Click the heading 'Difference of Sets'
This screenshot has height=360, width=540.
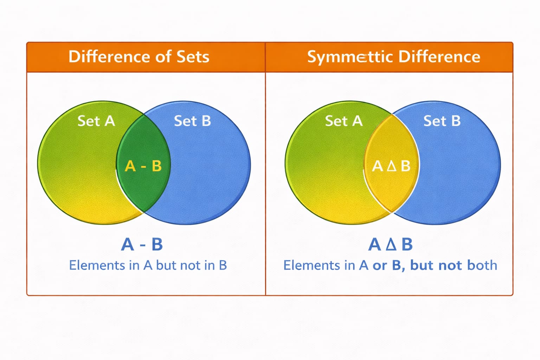tap(139, 57)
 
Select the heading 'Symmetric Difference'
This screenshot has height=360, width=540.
tap(393, 57)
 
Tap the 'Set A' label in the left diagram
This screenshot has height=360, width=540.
tap(96, 121)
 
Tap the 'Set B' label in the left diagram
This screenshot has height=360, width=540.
tap(192, 121)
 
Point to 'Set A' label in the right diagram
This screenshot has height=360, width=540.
tap(343, 121)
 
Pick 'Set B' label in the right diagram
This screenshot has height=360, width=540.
tap(442, 121)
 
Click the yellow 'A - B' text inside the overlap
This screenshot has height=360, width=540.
tap(143, 166)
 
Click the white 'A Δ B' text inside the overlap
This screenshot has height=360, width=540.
tap(391, 166)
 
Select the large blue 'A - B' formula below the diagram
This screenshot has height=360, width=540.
tap(142, 244)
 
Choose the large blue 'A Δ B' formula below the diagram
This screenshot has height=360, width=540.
tap(390, 244)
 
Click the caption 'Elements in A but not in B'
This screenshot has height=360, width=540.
tap(148, 265)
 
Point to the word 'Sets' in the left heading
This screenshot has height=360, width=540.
tap(193, 57)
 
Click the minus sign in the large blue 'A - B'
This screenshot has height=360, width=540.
tap(143, 245)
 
